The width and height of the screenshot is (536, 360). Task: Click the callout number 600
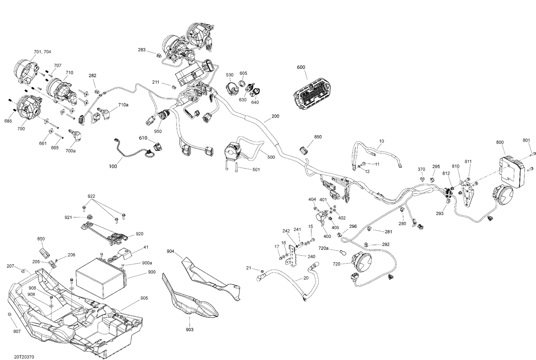pos(301,67)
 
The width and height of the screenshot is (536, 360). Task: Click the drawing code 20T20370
pos(24,357)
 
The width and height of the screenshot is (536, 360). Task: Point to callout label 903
pos(190,329)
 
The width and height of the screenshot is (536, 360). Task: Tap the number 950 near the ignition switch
pos(158,131)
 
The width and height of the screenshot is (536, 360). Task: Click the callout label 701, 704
pos(42,52)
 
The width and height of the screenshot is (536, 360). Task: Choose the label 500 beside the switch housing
pos(271,157)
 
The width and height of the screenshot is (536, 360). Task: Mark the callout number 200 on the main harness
pos(275,116)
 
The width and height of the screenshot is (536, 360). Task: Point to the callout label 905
pos(144,298)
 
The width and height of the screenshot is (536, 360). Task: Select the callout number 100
pos(113,166)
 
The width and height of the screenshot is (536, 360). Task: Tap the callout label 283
pos(142,50)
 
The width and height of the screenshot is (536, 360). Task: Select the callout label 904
pos(170,251)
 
